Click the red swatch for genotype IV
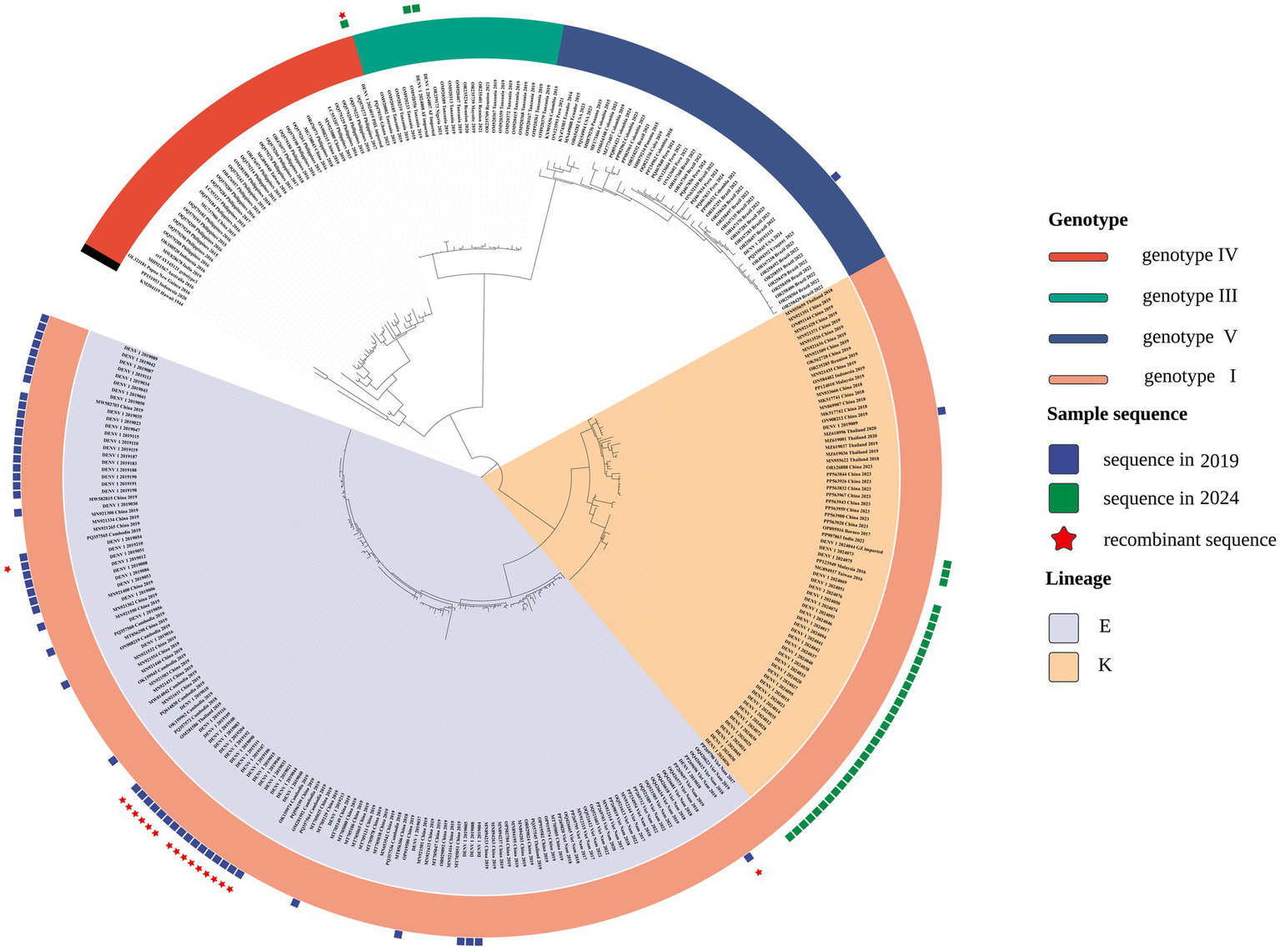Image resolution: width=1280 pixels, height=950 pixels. click(1077, 257)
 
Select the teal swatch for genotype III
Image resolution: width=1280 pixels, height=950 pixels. click(1077, 297)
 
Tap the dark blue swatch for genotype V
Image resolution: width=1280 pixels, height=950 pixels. click(1077, 338)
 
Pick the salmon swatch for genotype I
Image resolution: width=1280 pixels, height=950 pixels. click(1077, 379)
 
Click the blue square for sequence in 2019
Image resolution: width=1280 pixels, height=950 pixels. click(1063, 459)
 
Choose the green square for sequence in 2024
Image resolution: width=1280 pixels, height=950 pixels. click(1063, 498)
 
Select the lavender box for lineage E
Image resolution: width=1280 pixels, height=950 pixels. click(1063, 626)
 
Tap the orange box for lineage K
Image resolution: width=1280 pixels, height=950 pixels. click(1063, 666)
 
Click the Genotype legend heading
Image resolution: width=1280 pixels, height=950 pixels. click(1087, 220)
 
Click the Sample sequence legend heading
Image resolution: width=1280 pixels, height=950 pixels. click(1117, 414)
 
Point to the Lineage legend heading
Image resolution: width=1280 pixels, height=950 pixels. click(1078, 578)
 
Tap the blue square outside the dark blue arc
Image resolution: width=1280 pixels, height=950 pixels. click(836, 175)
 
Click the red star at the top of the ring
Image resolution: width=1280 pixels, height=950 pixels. click(341, 15)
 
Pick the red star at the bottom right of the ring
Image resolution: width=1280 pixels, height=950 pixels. click(758, 872)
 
